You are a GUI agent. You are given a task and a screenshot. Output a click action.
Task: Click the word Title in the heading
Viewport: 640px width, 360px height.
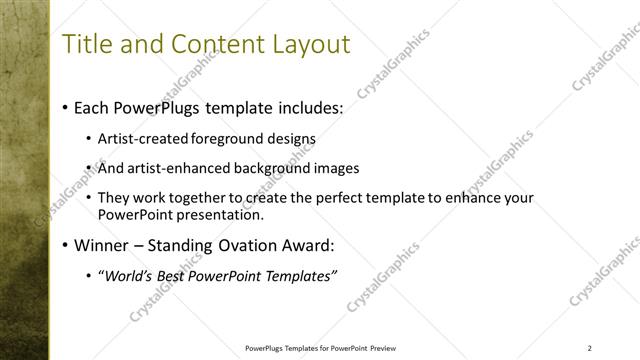(87, 45)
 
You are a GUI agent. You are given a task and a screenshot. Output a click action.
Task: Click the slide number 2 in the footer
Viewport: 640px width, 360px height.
(589, 348)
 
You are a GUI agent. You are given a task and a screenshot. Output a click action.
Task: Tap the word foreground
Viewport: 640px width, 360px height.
(217, 139)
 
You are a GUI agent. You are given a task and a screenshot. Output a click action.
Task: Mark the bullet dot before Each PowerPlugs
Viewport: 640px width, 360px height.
(65, 107)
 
